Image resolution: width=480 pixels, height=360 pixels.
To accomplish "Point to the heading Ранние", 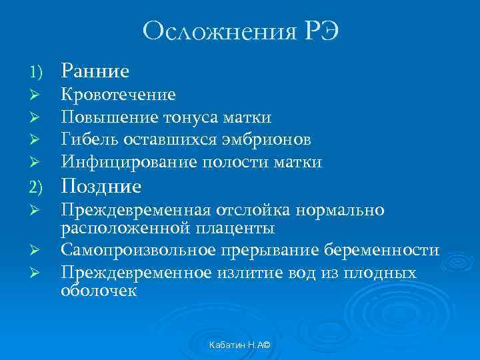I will [95, 70].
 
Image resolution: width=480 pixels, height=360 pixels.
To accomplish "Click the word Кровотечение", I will [119, 95].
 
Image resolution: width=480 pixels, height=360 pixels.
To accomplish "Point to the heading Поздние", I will [101, 186].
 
